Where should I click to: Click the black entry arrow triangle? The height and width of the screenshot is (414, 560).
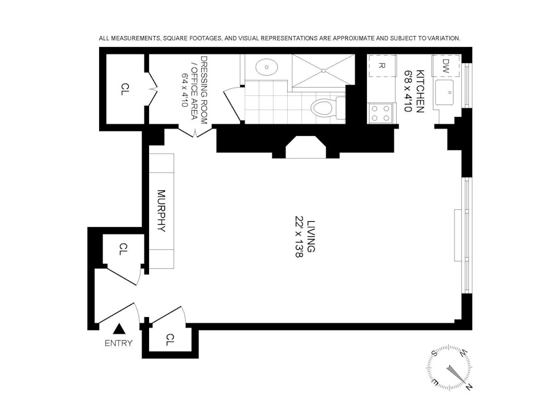tap(120, 329)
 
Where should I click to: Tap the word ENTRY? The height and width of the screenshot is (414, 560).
tap(119, 343)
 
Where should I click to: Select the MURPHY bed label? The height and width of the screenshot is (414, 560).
tap(162, 211)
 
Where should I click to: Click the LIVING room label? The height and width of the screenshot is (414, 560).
tap(311, 236)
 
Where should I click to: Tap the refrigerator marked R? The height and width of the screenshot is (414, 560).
tap(382, 66)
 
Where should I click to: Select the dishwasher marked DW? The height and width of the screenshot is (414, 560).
tap(445, 66)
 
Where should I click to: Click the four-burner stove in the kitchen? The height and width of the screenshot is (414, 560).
tap(381, 113)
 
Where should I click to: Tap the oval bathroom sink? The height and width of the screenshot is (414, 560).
tap(267, 67)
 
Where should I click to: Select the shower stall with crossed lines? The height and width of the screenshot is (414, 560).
tap(323, 71)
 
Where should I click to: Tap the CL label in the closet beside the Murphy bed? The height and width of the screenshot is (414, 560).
tap(123, 249)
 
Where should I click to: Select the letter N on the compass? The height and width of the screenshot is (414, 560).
tap(469, 386)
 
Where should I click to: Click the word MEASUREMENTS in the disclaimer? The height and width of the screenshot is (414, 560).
tap(136, 38)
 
